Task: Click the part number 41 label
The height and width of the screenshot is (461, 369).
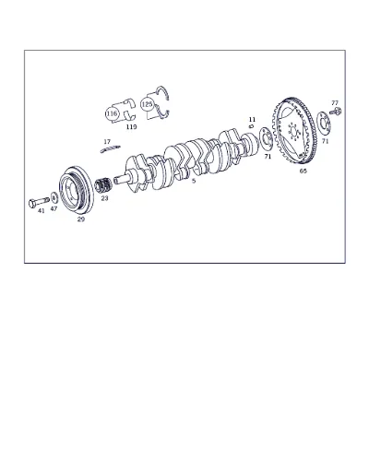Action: (42, 211)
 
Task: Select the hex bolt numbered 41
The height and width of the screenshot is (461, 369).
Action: (39, 202)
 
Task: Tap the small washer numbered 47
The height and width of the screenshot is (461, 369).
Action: (54, 197)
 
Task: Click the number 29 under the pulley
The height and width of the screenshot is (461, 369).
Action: (80, 219)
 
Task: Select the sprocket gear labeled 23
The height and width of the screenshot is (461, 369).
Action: (103, 185)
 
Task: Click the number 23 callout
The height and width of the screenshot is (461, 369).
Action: (104, 198)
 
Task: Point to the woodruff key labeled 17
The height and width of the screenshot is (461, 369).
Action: (110, 148)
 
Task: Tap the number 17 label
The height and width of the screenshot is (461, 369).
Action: (107, 142)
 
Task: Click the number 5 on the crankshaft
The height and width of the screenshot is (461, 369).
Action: (194, 181)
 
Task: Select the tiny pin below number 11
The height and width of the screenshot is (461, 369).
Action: (251, 125)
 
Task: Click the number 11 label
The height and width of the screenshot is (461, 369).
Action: (252, 119)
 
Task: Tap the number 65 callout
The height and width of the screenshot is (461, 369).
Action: (304, 171)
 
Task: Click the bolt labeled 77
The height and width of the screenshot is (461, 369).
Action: (336, 112)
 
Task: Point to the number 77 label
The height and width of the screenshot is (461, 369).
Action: (335, 102)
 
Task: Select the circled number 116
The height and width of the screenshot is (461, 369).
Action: (112, 113)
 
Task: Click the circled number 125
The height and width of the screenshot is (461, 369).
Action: (147, 104)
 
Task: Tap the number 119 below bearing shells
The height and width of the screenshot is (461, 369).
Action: (131, 127)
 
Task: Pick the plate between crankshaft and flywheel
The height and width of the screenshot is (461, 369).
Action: (266, 140)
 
